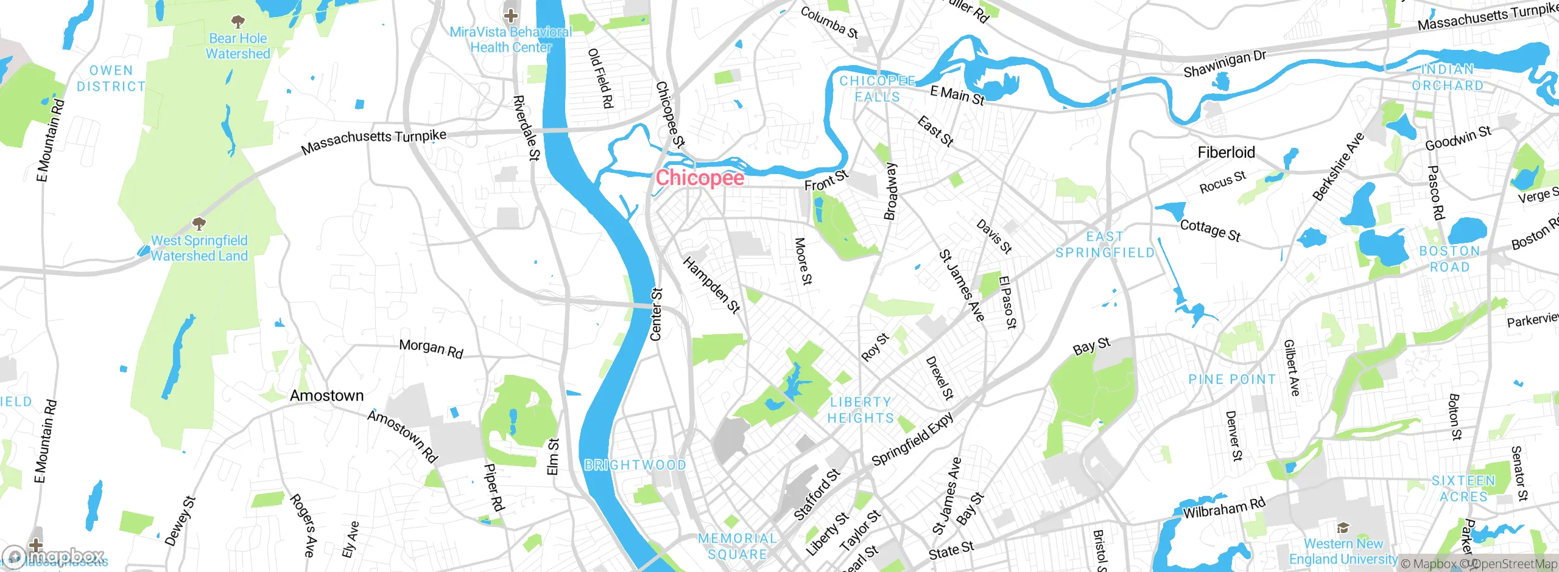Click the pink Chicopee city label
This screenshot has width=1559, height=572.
click(x=700, y=178)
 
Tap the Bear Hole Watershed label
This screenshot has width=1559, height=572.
click(x=238, y=46)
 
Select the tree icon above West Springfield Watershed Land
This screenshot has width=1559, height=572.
click(x=199, y=223)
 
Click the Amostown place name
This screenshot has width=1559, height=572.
click(x=326, y=396)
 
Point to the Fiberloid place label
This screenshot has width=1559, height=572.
click(x=1226, y=152)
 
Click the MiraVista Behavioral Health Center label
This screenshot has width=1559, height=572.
click(x=510, y=40)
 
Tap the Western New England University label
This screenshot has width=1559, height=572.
click(x=1343, y=551)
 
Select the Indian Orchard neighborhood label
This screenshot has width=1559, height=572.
click(x=1448, y=78)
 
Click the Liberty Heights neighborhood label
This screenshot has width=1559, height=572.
click(x=860, y=410)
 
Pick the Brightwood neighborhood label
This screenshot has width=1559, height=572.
click(x=635, y=466)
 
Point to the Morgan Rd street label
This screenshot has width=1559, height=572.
click(x=431, y=349)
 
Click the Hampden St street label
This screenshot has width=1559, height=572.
click(x=711, y=285)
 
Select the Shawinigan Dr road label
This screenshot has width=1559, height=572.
click(x=1224, y=64)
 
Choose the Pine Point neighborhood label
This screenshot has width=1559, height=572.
click(x=1231, y=380)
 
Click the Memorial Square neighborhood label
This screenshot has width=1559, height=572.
click(x=737, y=546)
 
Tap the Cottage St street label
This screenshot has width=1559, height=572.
click(x=1209, y=230)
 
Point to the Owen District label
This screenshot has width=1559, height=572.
click(x=111, y=78)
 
